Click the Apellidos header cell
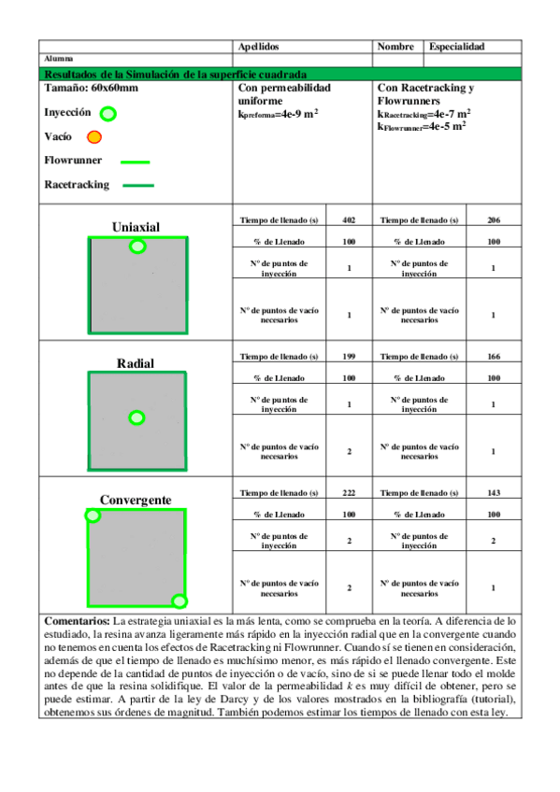259,46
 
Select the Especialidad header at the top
456,46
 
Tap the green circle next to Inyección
108,114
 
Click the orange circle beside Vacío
93,138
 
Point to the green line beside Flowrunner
136,161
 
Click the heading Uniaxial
136,227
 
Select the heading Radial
136,362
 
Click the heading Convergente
136,500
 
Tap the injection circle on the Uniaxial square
137,247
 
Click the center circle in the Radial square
136,417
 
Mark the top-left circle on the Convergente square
93,515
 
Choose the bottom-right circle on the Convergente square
179,601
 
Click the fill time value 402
350,220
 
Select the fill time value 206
495,220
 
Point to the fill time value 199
350,356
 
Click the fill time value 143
495,492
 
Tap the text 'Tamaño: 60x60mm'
91,88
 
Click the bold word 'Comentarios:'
78,621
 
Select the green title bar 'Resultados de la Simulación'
280,74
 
